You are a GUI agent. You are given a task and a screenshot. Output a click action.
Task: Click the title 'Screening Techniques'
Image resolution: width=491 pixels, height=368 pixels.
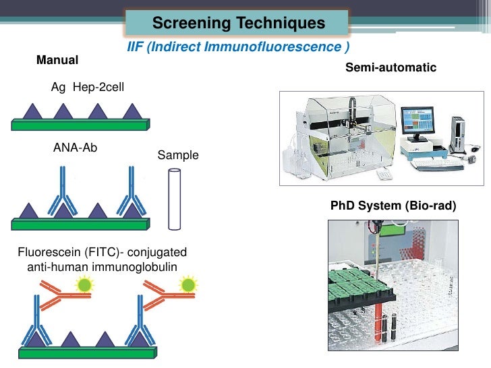pyautogui.click(x=238, y=24)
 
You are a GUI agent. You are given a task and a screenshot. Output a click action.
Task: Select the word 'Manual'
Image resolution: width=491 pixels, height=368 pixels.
pyautogui.click(x=57, y=61)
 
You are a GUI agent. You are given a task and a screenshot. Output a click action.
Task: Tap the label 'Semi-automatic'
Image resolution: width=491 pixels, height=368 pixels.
pyautogui.click(x=391, y=67)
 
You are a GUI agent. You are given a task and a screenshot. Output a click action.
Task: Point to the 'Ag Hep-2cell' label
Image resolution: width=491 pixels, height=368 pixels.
pyautogui.click(x=87, y=87)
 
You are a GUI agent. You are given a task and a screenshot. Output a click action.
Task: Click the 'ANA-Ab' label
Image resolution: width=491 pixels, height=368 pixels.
pyautogui.click(x=75, y=148)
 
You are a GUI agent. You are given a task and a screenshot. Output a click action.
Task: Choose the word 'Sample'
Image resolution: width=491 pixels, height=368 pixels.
pyautogui.click(x=178, y=156)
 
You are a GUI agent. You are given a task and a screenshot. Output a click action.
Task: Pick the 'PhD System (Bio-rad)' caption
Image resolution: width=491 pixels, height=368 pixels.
pyautogui.click(x=393, y=205)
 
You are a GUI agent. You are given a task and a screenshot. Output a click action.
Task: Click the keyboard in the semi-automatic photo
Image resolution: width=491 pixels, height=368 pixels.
pyautogui.click(x=434, y=164)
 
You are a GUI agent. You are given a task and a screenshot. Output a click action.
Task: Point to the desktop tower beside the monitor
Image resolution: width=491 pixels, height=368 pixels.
pyautogui.click(x=459, y=135)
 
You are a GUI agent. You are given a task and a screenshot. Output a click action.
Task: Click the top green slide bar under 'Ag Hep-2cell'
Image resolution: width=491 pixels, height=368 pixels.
pyautogui.click(x=80, y=125)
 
